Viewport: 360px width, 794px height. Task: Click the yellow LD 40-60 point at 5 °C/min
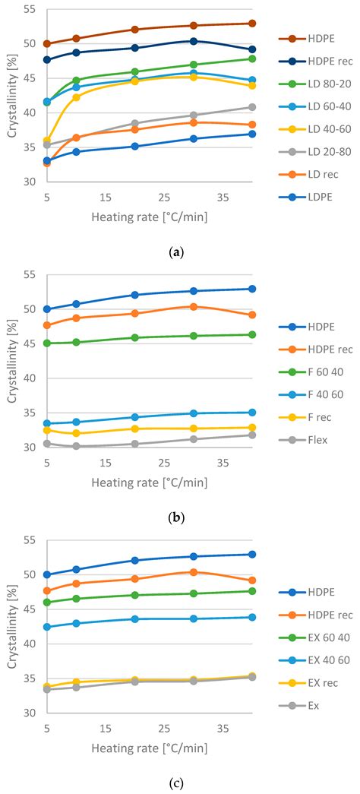46,141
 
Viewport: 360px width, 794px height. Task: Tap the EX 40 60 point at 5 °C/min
46,627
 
